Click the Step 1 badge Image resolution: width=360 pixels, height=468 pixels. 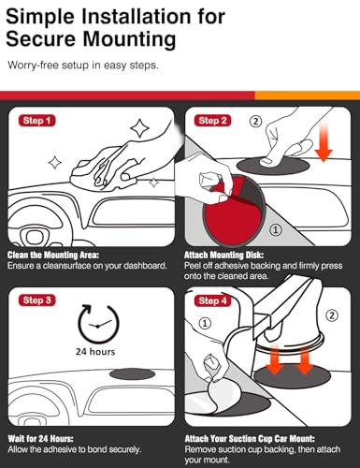pos(37,121)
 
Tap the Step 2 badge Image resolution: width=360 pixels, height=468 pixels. pos(213,121)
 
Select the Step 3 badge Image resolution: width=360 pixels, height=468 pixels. pos(37,300)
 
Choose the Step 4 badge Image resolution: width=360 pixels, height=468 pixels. pos(213,300)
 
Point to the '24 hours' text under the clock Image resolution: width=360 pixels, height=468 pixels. pos(95,352)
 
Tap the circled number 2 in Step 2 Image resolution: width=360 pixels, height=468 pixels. pos(255,121)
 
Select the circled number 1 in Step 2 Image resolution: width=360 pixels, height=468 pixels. pos(276,230)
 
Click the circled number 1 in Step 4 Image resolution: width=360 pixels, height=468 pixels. pos(205,323)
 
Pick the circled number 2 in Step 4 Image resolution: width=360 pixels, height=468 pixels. pos(332,315)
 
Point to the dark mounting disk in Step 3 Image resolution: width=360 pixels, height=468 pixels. pos(133,373)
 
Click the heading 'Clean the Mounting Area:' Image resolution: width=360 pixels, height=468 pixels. pos(53,256)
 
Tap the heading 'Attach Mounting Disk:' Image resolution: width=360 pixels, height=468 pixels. pos(223,256)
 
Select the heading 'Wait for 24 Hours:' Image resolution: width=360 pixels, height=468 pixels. pos(40,439)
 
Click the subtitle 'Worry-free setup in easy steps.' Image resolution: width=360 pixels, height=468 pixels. pos(83,66)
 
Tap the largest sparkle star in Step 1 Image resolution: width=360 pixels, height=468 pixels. pos(139,128)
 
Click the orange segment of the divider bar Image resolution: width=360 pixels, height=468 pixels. pos(308,95)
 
